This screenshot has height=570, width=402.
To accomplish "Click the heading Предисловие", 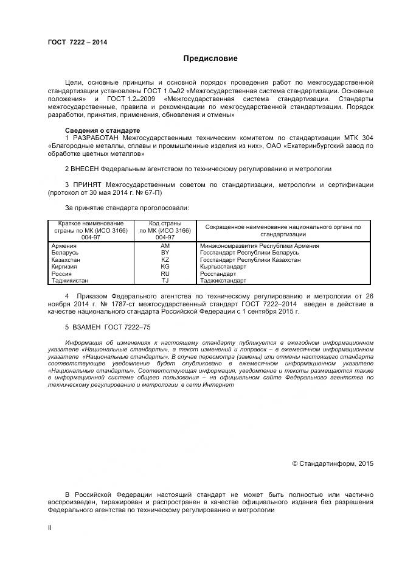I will tap(210, 59).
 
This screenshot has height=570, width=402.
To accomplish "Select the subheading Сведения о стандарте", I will tap(102, 131).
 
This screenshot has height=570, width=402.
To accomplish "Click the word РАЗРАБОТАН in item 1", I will tap(95, 139).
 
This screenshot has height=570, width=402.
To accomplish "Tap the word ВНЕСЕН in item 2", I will tap(90, 168).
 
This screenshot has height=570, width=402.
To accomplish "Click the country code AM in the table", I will tap(165, 245).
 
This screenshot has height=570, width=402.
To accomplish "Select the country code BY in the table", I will tap(165, 252).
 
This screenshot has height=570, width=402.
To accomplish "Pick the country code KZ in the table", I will tap(165, 259).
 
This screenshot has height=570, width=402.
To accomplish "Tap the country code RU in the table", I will tap(165, 273).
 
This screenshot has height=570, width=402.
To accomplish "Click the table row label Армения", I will tap(64, 245).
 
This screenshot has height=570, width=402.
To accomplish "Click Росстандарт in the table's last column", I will tap(220, 273).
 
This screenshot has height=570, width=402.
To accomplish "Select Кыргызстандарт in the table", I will tap(223, 267).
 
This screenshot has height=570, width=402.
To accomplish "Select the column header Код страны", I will tap(165, 224).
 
